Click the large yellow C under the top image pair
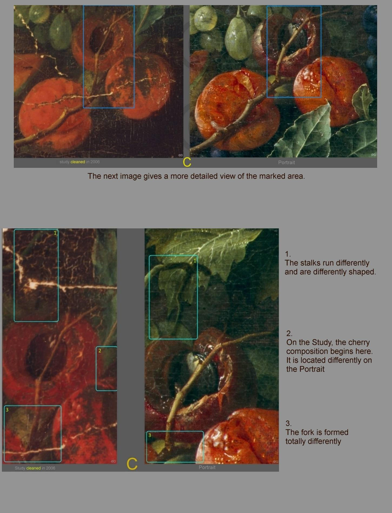(x=187, y=162)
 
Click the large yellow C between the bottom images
(x=132, y=464)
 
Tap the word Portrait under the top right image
(x=286, y=162)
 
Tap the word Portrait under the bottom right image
(x=207, y=467)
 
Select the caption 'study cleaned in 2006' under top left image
(x=79, y=162)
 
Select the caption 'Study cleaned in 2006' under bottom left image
(x=35, y=468)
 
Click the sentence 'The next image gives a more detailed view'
(x=196, y=176)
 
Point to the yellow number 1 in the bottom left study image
(x=55, y=233)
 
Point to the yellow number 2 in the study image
(x=100, y=351)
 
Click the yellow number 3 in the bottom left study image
(x=7, y=410)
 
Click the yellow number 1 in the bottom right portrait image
(x=195, y=261)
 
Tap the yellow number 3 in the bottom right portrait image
(x=150, y=435)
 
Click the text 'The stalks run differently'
(x=327, y=263)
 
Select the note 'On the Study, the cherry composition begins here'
(x=329, y=347)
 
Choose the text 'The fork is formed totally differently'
(x=317, y=437)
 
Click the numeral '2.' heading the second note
(x=289, y=334)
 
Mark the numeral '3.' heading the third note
(x=288, y=423)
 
